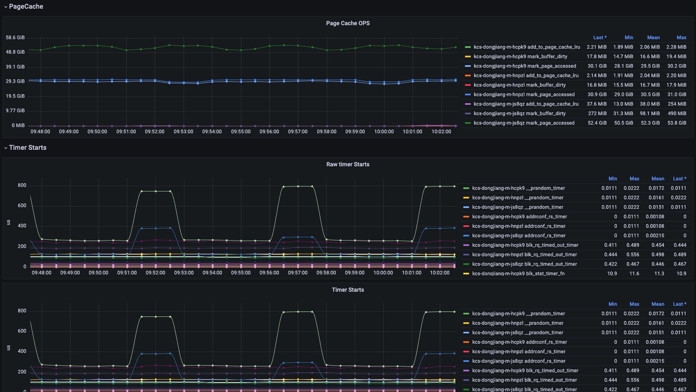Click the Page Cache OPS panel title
click(348, 24)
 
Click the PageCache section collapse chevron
click(6, 7)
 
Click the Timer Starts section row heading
click(28, 148)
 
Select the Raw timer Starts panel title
click(348, 165)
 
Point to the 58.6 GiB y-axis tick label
click(15, 38)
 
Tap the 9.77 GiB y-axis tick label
click(15, 111)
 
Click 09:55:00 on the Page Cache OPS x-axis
click(241, 132)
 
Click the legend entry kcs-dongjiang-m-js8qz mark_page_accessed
click(524, 123)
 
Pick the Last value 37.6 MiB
click(597, 104)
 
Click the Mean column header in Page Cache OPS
click(653, 38)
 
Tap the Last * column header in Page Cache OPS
click(600, 38)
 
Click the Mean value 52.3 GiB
click(650, 123)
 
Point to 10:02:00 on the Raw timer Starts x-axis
click(439, 273)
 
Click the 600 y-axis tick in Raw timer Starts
click(22, 206)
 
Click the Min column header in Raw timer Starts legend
click(612, 179)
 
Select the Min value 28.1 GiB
click(623, 66)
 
